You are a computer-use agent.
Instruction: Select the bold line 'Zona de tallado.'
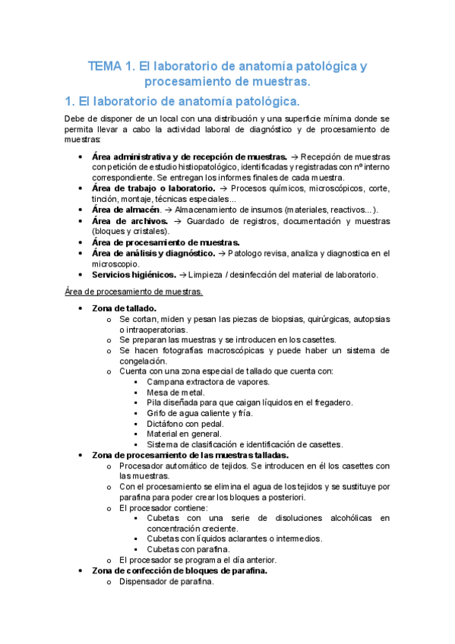pos(124,308)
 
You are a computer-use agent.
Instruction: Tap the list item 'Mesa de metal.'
pos(175,392)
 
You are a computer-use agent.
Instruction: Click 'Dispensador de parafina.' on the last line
pos(166,582)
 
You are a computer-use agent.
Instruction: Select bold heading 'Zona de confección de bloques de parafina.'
pos(179,570)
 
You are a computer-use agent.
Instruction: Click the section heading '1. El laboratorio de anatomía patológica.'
pos(182,101)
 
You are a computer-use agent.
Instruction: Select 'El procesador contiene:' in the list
pos(163,507)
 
